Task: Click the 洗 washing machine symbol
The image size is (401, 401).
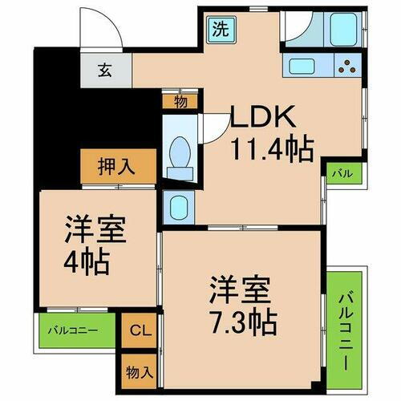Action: (x=219, y=30)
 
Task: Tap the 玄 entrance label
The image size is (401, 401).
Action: (x=106, y=70)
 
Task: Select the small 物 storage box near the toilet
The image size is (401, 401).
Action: (x=181, y=102)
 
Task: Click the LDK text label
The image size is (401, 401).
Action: (x=264, y=118)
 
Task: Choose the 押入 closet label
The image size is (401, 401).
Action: (x=118, y=168)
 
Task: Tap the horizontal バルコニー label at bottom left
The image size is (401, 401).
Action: (x=72, y=330)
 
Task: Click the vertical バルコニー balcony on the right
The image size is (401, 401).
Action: (x=344, y=330)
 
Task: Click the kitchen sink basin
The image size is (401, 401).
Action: (x=303, y=67)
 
